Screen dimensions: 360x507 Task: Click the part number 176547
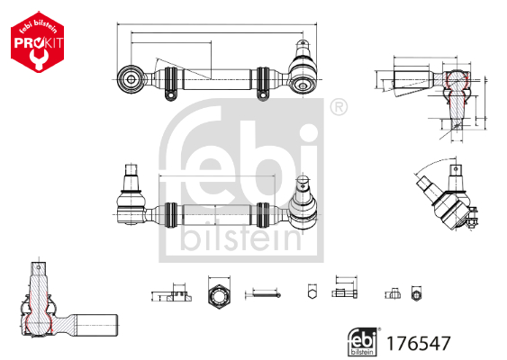pos(418,343)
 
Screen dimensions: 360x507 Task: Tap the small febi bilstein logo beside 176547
pos(364,342)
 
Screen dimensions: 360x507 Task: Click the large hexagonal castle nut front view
pos(220,294)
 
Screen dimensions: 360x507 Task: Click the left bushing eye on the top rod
pos(131,79)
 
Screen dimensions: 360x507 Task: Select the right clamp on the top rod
pos(263,80)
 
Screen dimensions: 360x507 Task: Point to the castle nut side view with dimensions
pos(170,293)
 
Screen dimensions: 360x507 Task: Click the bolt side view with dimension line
pos(343,291)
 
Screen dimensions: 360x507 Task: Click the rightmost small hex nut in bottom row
pos(415,293)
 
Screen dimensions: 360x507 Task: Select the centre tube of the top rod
pos(216,80)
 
